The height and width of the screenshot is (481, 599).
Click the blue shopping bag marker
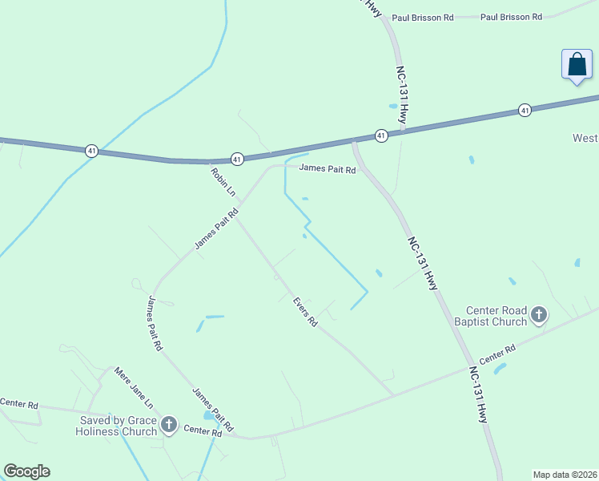pos(577,65)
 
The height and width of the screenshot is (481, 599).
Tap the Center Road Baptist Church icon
pos(538,314)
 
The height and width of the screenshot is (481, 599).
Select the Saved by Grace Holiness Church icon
pos(168,424)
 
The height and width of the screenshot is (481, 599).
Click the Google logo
pos(26,471)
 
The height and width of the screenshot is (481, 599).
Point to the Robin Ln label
pos(223,182)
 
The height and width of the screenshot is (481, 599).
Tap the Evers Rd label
pos(305,313)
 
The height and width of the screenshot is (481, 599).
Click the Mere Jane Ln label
pos(133,388)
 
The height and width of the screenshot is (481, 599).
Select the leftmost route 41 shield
pos(93,151)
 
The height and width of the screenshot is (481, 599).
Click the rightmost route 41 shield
pos(525,110)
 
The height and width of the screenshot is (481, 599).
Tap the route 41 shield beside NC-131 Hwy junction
pos(381,135)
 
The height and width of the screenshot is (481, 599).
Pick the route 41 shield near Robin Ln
pos(237,160)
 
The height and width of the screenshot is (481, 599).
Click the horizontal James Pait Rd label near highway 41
pos(327,168)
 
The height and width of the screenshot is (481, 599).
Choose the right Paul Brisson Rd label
pos(511,17)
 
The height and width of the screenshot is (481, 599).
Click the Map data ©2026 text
pos(565,474)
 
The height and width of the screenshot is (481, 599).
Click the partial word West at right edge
pos(585,138)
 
